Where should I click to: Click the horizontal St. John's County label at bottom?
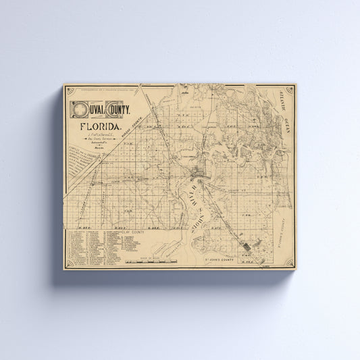click(x=229, y=259)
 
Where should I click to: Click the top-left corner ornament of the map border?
click(x=68, y=88)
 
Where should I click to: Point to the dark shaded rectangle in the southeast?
click(x=249, y=243)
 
